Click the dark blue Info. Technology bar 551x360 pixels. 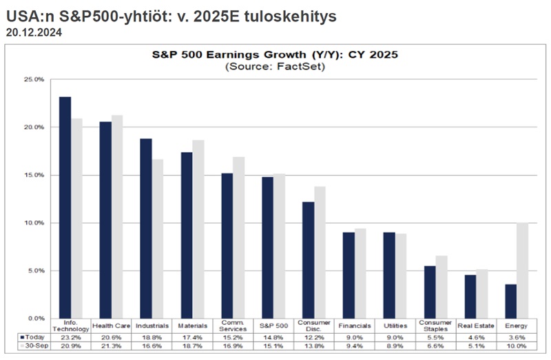click(x=65, y=207)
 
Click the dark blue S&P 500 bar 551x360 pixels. click(x=267, y=248)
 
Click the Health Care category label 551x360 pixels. click(x=112, y=326)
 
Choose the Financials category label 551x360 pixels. click(x=355, y=326)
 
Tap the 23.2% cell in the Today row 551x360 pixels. click(x=71, y=337)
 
